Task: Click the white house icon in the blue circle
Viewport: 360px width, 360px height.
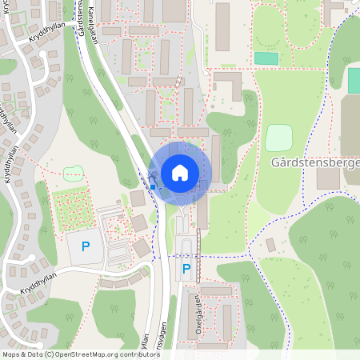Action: coord(180,172)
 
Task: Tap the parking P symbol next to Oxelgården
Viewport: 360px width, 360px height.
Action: coord(186,270)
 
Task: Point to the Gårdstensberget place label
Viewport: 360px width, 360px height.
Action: coord(316,162)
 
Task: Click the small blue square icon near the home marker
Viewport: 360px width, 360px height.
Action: coord(152,187)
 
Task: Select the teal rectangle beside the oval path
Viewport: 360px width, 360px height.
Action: coord(266,58)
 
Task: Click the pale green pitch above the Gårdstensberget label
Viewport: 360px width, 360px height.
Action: coord(278,137)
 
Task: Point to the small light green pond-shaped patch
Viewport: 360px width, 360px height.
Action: coord(74,172)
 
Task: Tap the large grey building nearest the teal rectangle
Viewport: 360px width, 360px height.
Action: coord(222,26)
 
